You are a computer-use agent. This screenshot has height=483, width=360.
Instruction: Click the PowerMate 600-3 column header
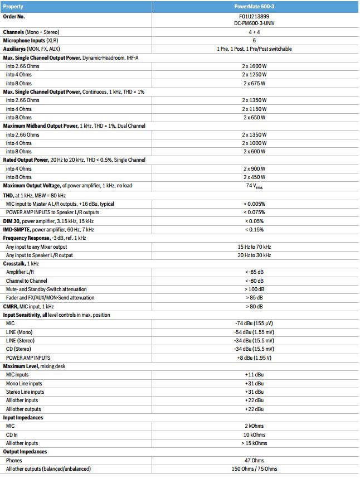point(254,7)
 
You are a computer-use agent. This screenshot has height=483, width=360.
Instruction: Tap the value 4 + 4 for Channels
point(254,32)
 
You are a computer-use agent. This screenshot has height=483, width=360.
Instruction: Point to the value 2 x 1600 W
point(254,66)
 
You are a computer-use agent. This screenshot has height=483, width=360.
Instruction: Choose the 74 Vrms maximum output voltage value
point(254,186)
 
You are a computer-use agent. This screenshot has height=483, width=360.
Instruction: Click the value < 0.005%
point(254,204)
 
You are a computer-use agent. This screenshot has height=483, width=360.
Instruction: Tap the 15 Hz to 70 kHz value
point(254,247)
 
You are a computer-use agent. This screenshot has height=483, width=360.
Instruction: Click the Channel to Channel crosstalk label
point(26,281)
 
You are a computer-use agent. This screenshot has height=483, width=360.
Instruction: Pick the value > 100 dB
point(254,289)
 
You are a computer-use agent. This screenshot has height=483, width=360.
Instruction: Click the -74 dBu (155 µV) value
point(254,323)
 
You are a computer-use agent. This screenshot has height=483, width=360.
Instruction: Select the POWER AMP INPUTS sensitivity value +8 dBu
point(254,358)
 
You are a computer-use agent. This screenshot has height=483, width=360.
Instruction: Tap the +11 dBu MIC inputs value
point(254,375)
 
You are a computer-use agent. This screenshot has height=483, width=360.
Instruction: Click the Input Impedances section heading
point(23,417)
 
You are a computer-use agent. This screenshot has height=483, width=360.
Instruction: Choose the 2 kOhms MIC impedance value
point(254,426)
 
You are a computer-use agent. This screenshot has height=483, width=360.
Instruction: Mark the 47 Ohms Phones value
point(254,461)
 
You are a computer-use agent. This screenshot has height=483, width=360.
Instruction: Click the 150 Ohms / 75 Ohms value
point(254,469)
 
